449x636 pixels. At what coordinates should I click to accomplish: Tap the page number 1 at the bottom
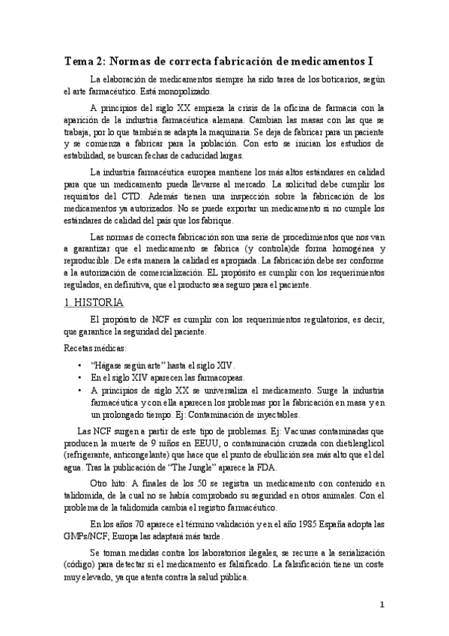pos(382,604)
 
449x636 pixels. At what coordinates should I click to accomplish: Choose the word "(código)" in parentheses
pos(82,564)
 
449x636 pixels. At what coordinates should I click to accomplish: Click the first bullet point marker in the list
pos(79,364)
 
